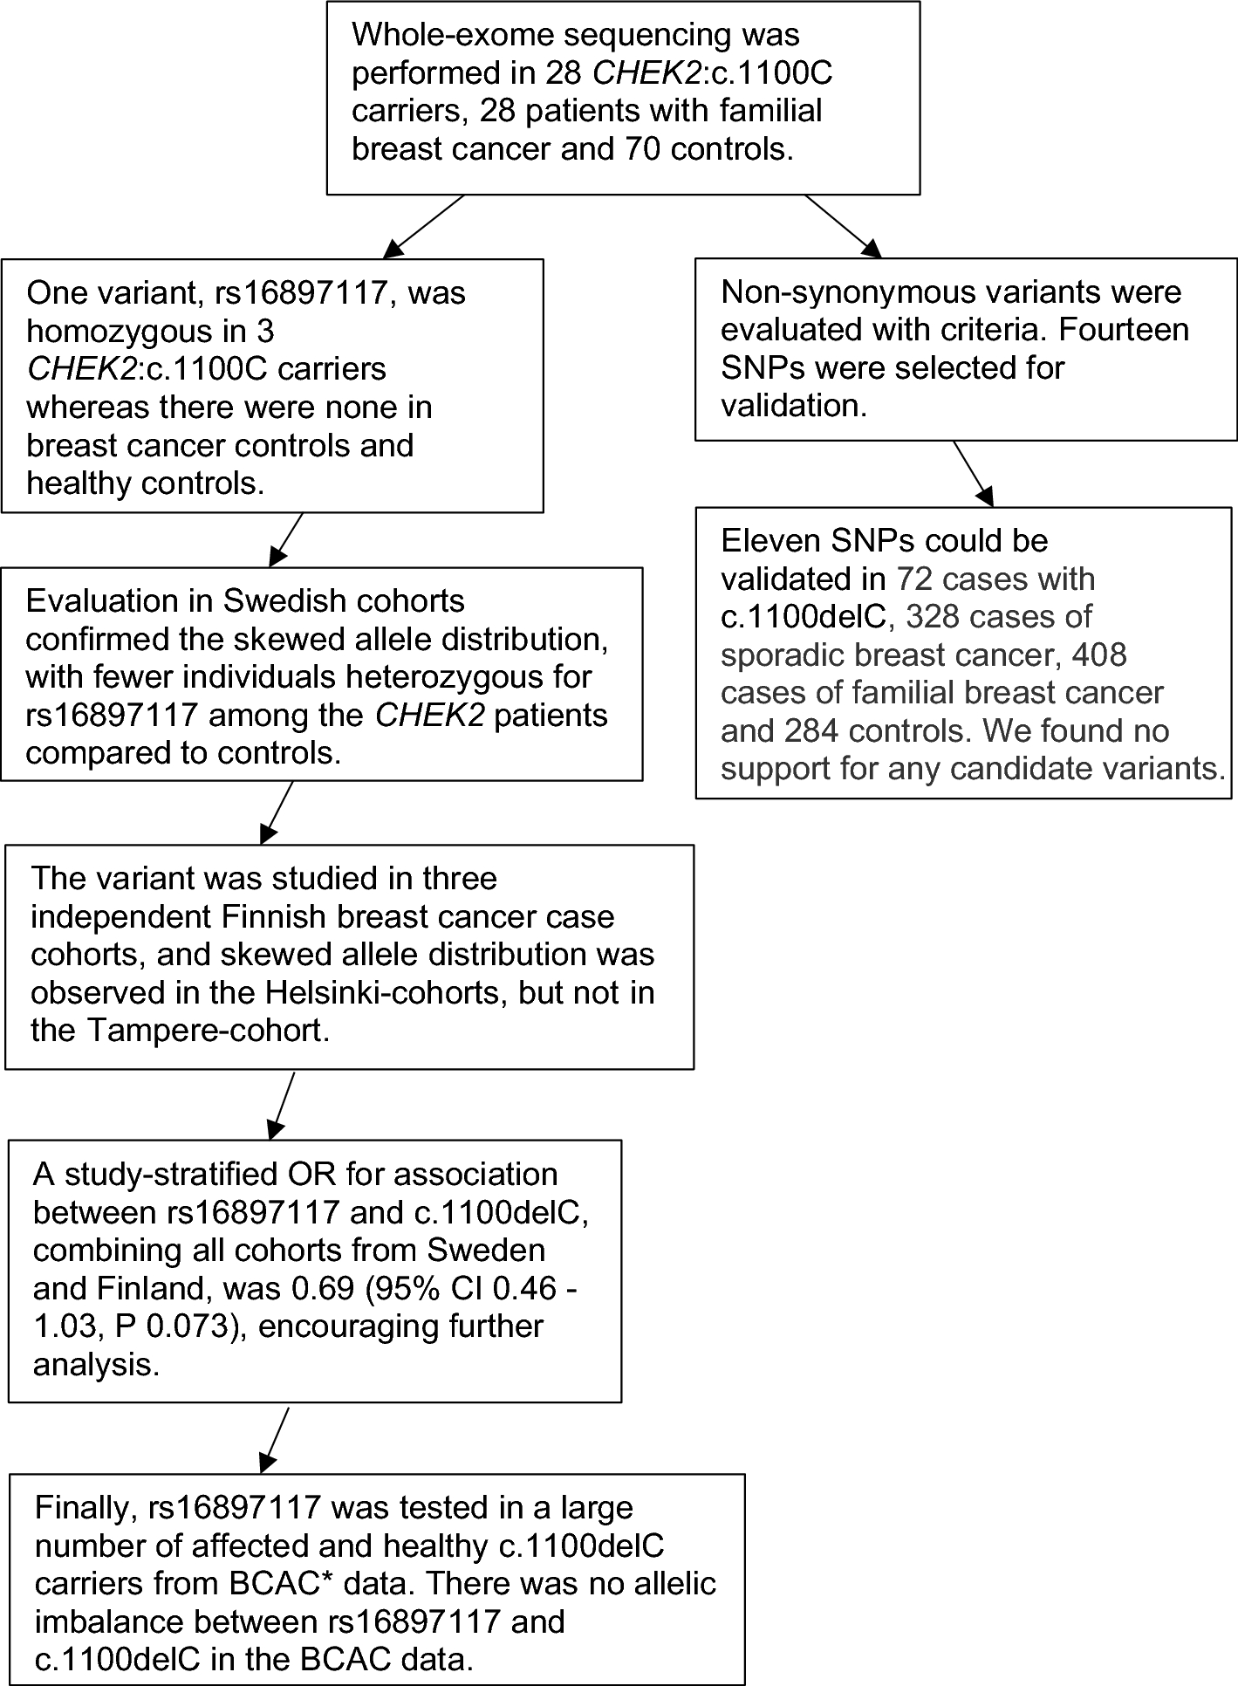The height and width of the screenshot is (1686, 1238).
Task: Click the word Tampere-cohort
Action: click(x=207, y=1031)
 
